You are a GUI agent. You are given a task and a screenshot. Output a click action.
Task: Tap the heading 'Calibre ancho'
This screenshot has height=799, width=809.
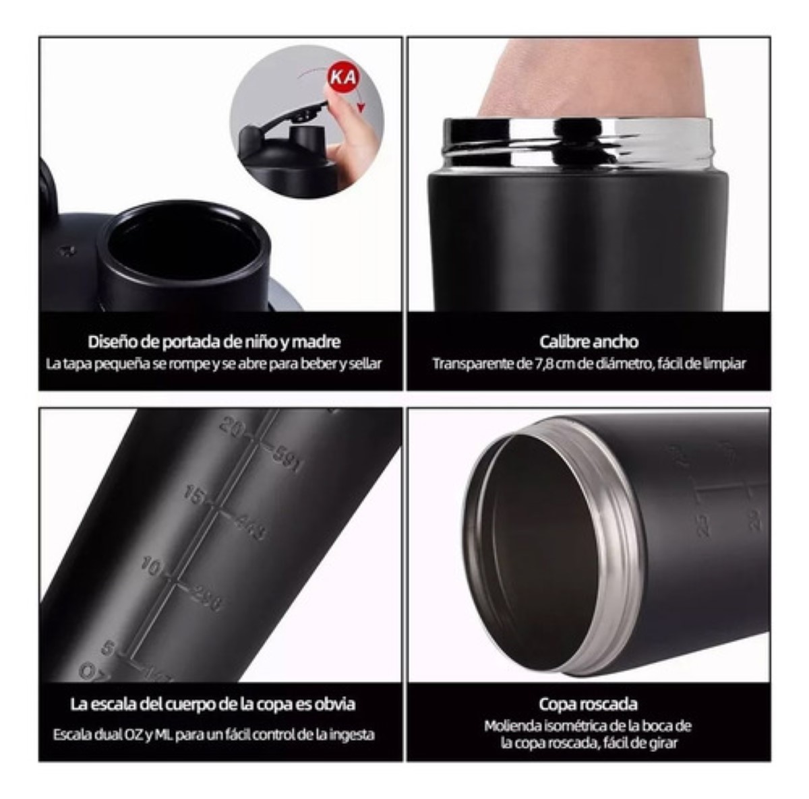589,342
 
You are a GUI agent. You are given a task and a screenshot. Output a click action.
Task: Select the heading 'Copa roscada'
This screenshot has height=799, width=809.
588,704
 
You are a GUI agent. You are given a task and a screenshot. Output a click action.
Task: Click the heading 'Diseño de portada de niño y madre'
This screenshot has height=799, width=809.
214,342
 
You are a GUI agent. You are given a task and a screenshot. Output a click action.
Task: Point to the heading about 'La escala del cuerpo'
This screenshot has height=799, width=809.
213,704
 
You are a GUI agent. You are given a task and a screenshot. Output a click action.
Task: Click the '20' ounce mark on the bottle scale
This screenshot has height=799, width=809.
231,427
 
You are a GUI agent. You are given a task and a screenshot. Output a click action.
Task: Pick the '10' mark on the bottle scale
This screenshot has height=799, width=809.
152,567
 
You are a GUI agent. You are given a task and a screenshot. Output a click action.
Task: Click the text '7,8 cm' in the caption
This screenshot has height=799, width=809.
522,364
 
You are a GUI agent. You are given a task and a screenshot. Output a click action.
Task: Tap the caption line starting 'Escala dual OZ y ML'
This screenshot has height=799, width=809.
214,734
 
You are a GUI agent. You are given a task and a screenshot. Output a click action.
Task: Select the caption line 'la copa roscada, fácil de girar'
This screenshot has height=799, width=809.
588,743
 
